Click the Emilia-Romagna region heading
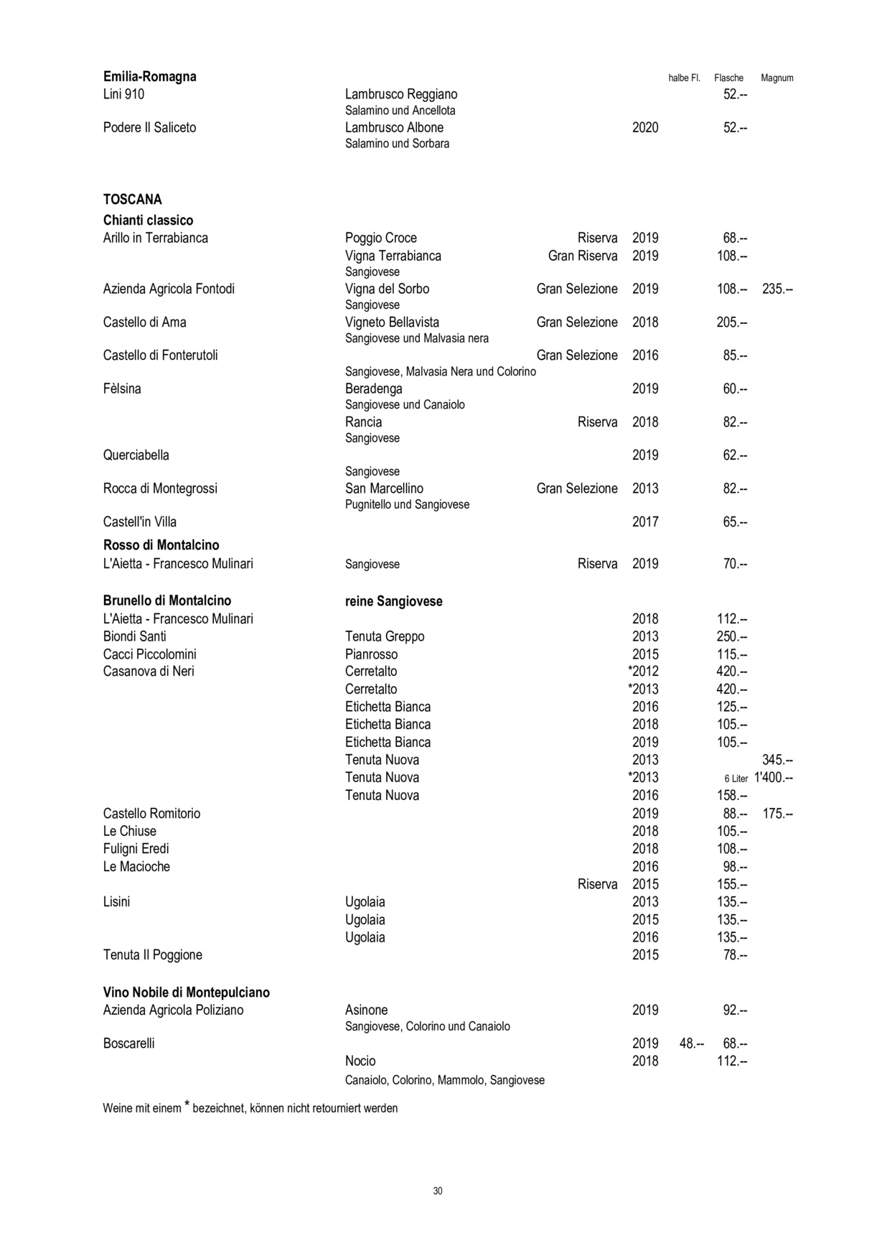point(149,77)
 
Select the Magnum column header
point(777,78)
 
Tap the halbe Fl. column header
point(684,78)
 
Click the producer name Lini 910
point(123,94)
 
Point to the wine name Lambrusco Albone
point(394,128)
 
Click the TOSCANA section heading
point(132,200)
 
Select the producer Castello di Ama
point(144,322)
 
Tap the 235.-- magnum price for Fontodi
point(777,289)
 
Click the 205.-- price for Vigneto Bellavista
point(731,322)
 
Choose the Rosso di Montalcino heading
point(161,545)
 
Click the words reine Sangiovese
point(393,602)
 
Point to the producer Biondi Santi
point(134,636)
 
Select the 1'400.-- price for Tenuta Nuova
point(773,778)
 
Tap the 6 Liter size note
point(736,779)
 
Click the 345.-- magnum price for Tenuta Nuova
point(777,760)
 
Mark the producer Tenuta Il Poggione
point(152,955)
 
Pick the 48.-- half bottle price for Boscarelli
point(691,1044)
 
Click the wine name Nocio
point(360,1061)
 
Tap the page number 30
point(438,1191)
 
